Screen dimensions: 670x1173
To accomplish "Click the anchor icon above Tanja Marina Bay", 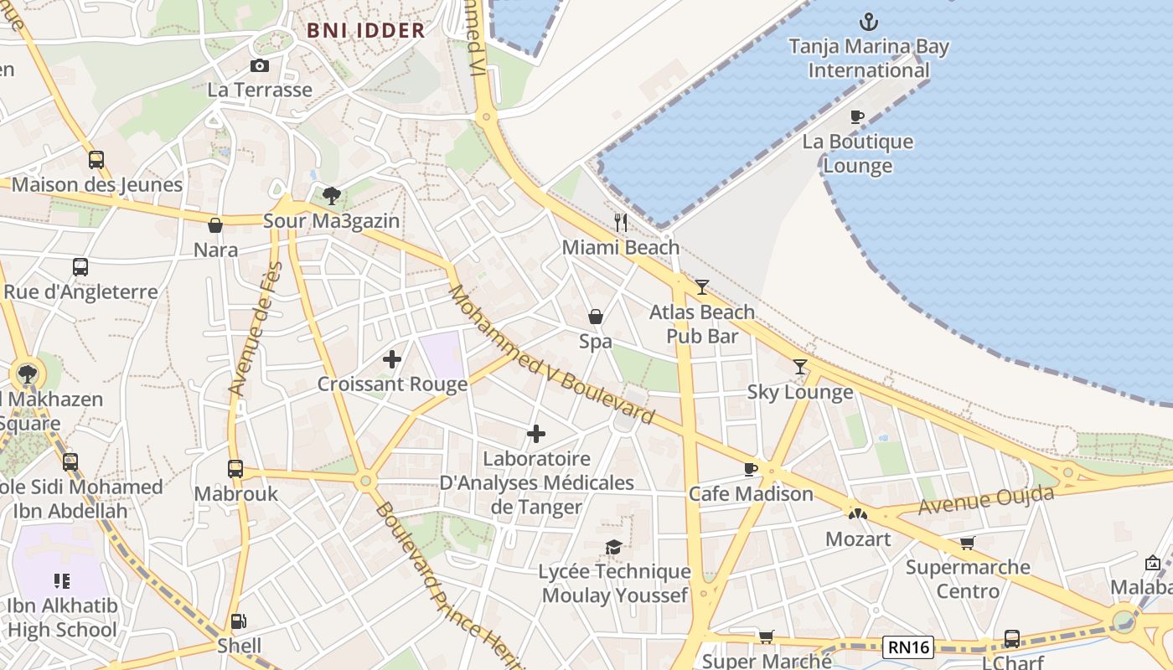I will pyautogui.click(x=869, y=21).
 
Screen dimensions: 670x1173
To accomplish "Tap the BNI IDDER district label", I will pyautogui.click(x=366, y=31).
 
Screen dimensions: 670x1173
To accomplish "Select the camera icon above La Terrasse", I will pyautogui.click(x=260, y=66).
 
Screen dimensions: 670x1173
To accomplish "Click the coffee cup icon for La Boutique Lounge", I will pyautogui.click(x=856, y=117).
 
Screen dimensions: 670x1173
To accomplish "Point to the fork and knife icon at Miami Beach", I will pyautogui.click(x=621, y=222).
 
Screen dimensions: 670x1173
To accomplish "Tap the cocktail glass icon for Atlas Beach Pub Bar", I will pyautogui.click(x=702, y=287).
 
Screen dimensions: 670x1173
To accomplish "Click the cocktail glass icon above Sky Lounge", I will pyautogui.click(x=800, y=367).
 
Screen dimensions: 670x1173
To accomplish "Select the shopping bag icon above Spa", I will pyautogui.click(x=596, y=317).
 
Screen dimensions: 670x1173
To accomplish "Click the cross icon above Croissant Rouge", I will pyautogui.click(x=391, y=360).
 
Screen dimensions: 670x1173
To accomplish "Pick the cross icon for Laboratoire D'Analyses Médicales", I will pyautogui.click(x=536, y=434).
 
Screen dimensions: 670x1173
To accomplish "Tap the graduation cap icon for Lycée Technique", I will pyautogui.click(x=614, y=547).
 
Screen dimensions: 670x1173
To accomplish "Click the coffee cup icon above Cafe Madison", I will pyautogui.click(x=751, y=469).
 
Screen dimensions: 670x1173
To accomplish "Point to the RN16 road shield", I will pyautogui.click(x=909, y=647).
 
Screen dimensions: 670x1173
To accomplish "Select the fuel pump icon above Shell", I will pyautogui.click(x=239, y=621).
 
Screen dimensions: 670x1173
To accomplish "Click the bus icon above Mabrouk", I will pyautogui.click(x=235, y=469).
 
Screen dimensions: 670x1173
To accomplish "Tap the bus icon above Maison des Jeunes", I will pyautogui.click(x=96, y=160).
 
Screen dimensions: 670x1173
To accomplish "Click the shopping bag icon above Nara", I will pyautogui.click(x=215, y=225).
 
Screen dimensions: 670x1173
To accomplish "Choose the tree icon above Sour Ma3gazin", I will pyautogui.click(x=332, y=196).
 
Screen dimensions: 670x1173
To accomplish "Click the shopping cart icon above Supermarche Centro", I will pyautogui.click(x=967, y=543).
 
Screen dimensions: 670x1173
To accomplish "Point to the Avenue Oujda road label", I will pyautogui.click(x=986, y=500).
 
